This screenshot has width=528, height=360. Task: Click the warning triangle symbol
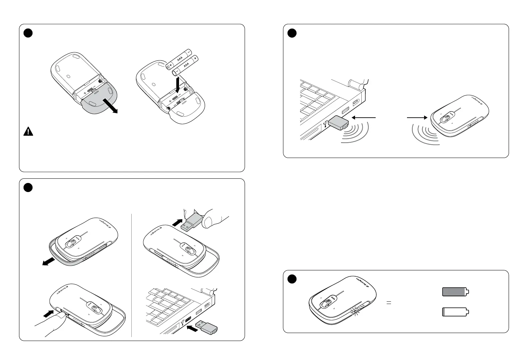[28, 132]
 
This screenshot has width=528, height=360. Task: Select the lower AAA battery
[186, 65]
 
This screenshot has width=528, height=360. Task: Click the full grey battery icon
[455, 292]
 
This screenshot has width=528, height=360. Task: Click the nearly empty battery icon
[455, 312]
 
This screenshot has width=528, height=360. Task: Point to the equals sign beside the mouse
[388, 303]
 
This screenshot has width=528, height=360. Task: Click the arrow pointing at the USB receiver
[364, 117]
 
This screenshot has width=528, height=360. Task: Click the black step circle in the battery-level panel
[292, 279]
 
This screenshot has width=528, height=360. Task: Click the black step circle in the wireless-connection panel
[292, 33]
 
